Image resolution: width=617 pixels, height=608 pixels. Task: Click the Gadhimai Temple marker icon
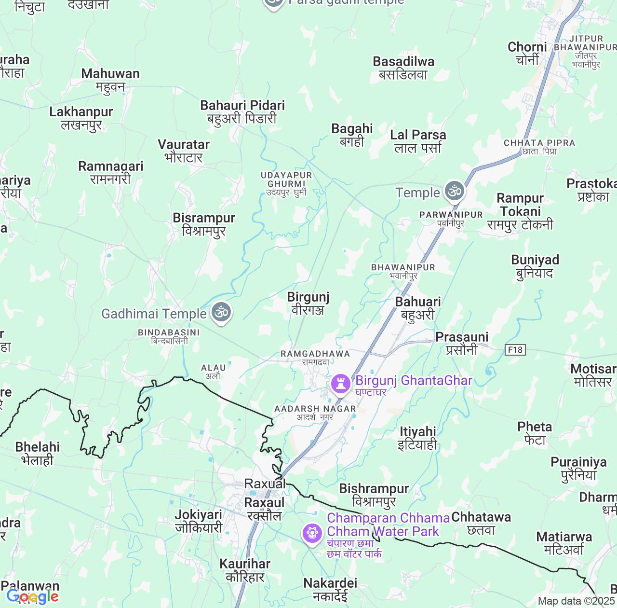[x=221, y=313]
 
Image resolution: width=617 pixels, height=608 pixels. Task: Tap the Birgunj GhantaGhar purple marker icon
[x=341, y=384]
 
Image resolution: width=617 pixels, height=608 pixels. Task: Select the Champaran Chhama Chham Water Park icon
[x=312, y=534]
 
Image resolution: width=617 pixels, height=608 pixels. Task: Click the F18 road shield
[x=515, y=349]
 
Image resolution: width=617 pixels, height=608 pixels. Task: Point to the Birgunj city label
[x=308, y=304]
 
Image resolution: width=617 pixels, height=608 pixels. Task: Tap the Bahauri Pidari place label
[x=242, y=112]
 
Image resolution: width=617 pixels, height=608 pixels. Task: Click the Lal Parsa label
[x=418, y=141]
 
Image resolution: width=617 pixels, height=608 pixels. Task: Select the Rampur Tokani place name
[x=520, y=211]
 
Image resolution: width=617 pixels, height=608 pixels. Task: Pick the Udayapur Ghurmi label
[x=286, y=184]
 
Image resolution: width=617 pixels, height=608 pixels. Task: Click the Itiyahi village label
[x=417, y=438]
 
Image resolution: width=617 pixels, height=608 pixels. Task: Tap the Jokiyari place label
[x=199, y=521]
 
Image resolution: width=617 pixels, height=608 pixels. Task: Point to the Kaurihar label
[x=245, y=570]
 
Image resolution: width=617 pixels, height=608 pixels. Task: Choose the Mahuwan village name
[x=110, y=80]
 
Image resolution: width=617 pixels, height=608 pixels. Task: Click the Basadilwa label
[x=403, y=68]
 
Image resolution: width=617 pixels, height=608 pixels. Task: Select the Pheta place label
[x=535, y=433]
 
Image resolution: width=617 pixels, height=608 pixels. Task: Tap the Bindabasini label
[x=169, y=336]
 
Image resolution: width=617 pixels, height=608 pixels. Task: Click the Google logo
[x=33, y=597]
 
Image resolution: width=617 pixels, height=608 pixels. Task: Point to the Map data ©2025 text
[x=576, y=601]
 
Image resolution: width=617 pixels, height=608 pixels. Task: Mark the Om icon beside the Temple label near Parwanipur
[x=454, y=191]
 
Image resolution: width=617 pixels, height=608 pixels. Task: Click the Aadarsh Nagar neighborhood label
[x=315, y=413]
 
